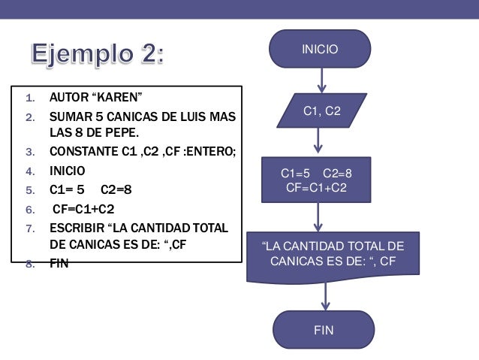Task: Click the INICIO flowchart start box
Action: click(320, 49)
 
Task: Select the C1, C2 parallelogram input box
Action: click(321, 111)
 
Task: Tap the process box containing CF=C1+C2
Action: click(316, 180)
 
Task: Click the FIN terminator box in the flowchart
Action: click(324, 330)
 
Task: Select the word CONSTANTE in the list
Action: click(82, 153)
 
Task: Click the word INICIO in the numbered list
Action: click(68, 171)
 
